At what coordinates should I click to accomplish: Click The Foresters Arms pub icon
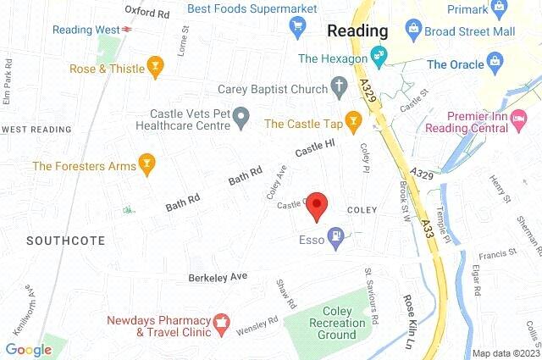point(147,166)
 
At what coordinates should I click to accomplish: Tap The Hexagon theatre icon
point(378,58)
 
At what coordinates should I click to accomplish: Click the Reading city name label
point(357,30)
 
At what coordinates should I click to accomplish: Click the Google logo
point(28,349)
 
